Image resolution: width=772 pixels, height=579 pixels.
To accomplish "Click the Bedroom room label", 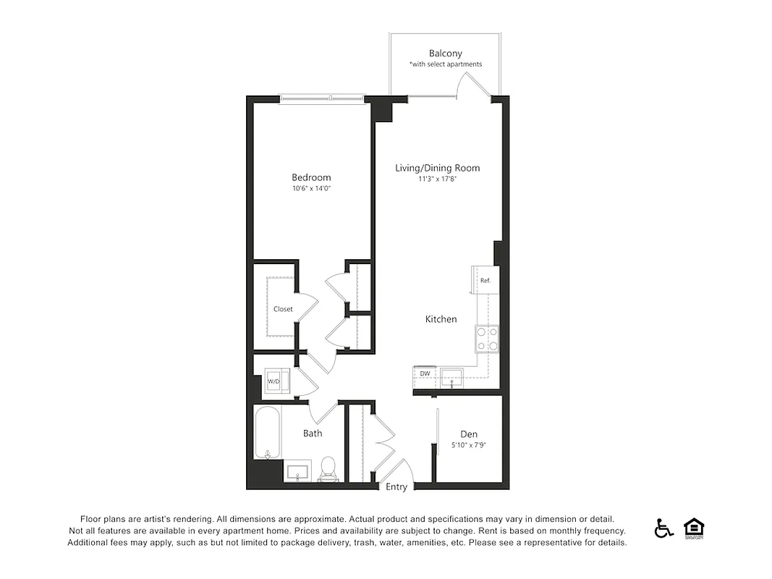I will [x=311, y=177].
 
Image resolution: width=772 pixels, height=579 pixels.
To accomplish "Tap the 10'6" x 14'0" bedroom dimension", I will [x=311, y=189].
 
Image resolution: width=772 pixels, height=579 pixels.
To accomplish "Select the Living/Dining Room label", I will [x=437, y=168].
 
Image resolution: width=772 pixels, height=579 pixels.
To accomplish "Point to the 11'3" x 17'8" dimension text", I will [x=437, y=179].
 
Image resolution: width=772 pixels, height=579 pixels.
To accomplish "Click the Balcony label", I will [x=445, y=54].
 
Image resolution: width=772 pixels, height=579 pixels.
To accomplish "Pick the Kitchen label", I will [x=441, y=319].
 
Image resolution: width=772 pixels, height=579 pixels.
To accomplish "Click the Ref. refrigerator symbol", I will [x=484, y=281].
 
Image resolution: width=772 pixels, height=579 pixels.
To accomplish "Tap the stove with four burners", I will [x=486, y=338].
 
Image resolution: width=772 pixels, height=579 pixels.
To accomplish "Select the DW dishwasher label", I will [x=425, y=374].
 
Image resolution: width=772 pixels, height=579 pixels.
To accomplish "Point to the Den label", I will [x=468, y=434].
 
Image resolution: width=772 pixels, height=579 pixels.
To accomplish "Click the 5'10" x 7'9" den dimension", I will [x=468, y=446].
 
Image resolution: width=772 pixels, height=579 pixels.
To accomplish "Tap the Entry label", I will [x=396, y=487].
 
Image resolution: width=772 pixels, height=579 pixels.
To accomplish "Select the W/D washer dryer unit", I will [x=276, y=381].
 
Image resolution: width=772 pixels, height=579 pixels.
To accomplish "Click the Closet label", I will [x=283, y=309].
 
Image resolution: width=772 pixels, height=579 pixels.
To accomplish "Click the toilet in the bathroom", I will [x=328, y=468].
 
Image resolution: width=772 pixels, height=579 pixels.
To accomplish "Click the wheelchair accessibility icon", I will [x=663, y=528].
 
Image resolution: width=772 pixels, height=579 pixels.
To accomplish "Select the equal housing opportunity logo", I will [x=693, y=528].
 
